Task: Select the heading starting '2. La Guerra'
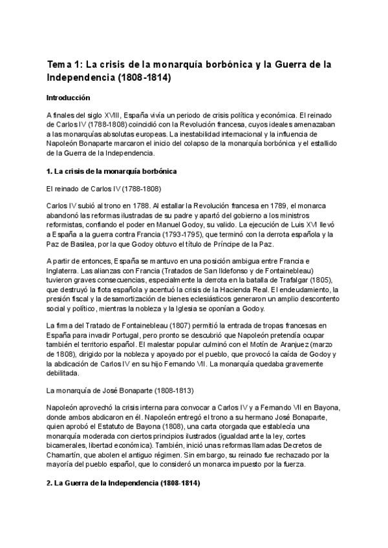click(x=123, y=483)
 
